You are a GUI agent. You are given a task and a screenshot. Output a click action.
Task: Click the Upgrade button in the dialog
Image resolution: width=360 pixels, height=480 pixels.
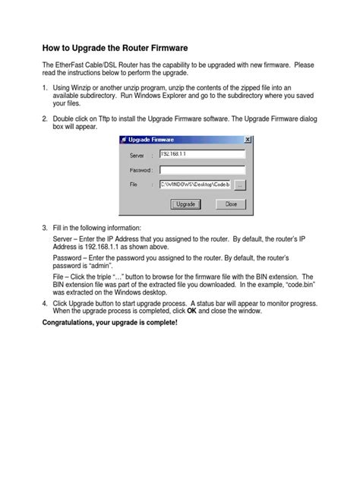[x=185, y=204]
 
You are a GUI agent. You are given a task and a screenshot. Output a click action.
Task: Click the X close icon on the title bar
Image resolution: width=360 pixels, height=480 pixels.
[x=248, y=140]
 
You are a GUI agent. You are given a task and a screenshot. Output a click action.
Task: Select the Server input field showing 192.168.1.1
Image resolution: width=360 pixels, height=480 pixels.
[x=202, y=154]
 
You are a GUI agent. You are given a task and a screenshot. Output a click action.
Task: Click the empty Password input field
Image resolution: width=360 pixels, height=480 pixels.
[x=202, y=169]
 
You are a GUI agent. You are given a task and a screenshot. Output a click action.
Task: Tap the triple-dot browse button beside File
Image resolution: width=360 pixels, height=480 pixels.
[x=239, y=185]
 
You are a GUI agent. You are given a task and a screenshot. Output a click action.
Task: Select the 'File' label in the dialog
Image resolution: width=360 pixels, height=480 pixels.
[x=134, y=185]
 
